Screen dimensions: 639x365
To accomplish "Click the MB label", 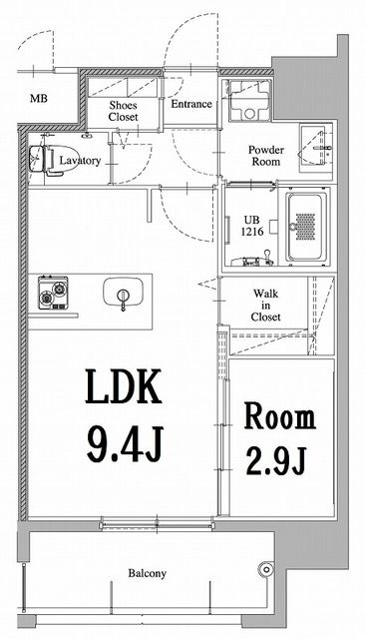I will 38,99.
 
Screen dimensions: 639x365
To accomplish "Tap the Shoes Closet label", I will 124,110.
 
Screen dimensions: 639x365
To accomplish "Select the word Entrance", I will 190,104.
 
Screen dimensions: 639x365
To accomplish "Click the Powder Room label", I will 266,156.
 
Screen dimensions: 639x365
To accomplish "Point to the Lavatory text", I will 79,160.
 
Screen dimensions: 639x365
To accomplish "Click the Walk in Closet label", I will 265,305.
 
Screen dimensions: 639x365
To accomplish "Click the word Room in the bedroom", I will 280,417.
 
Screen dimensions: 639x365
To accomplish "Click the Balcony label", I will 146,573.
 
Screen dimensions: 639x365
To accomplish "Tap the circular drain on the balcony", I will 264,570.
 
